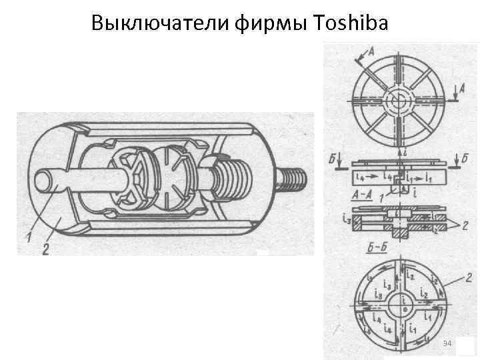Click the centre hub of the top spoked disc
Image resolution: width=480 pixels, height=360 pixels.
click(400, 99)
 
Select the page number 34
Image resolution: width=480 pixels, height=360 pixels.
click(447, 343)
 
